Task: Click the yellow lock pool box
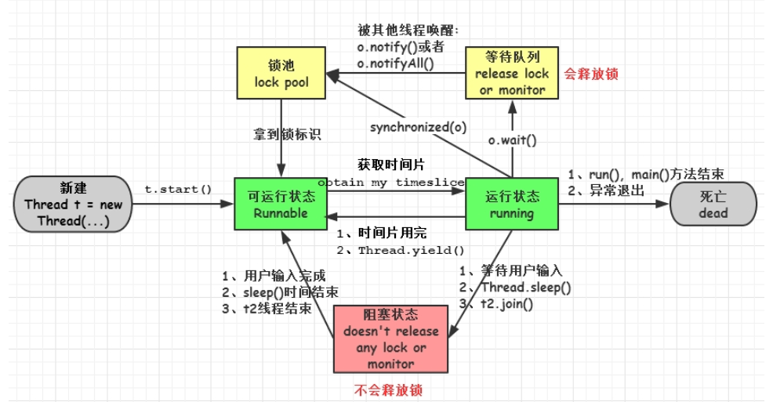point(281,72)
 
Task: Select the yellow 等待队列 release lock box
point(512,72)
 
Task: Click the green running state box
point(512,203)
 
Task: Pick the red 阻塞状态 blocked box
point(390,338)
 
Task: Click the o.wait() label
point(512,141)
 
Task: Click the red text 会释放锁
point(592,74)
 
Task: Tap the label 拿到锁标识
point(289,134)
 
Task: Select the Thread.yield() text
point(412,252)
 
